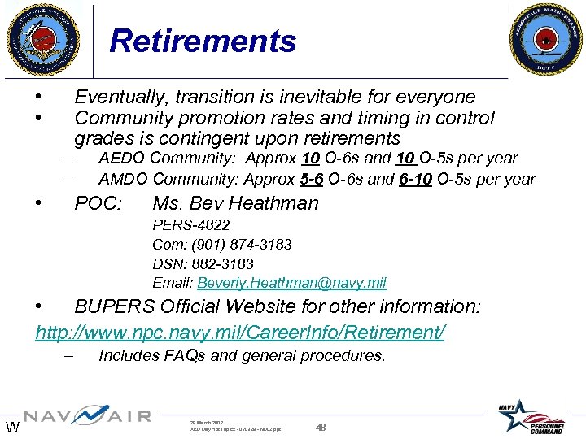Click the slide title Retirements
[203, 41]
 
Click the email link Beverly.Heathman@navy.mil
[291, 283]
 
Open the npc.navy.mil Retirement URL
[240, 332]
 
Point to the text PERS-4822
[191, 224]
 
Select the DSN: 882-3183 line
[203, 263]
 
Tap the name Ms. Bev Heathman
[235, 202]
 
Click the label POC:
[98, 202]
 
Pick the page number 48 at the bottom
[321, 427]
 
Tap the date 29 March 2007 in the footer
[208, 423]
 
